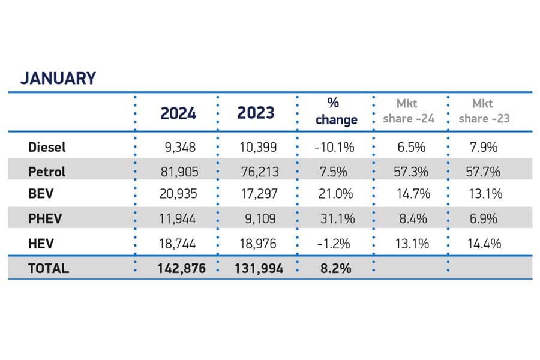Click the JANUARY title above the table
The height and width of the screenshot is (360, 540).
(58, 79)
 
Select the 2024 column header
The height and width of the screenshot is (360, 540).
(178, 113)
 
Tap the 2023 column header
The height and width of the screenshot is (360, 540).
(256, 113)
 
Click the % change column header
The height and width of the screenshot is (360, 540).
(335, 112)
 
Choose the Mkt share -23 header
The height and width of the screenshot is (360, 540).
(484, 112)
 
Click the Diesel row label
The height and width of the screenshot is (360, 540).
(47, 147)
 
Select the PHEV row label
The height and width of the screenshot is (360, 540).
(45, 219)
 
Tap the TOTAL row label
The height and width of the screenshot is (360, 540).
(49, 268)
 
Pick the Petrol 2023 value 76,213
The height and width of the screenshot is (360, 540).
(257, 172)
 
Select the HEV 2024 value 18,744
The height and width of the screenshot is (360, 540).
(179, 243)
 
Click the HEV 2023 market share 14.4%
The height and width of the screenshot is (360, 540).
(484, 243)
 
